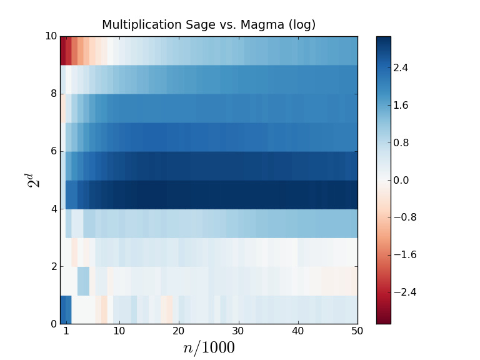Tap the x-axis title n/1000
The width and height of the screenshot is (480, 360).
tap(209, 348)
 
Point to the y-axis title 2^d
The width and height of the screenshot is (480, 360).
tap(33, 180)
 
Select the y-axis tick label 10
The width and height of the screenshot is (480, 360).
tap(51, 36)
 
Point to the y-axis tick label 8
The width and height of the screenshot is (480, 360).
tap(54, 94)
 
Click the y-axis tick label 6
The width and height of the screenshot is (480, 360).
tap(54, 151)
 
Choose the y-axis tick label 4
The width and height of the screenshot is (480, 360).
tap(54, 209)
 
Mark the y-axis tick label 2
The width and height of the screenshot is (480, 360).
tap(54, 266)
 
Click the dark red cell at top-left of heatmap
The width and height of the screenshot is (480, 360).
tap(63, 51)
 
